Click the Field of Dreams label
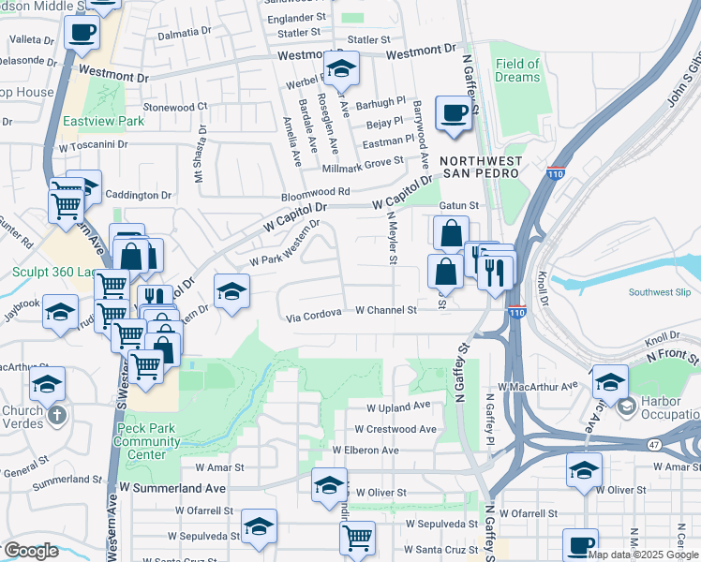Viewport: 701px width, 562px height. click(517, 70)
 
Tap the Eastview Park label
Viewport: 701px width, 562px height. click(103, 121)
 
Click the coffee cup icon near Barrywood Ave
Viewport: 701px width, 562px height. click(455, 114)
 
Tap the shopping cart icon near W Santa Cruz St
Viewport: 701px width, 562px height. click(357, 539)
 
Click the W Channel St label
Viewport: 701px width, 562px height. click(385, 310)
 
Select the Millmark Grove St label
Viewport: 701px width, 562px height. click(362, 161)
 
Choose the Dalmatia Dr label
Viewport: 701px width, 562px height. click(185, 32)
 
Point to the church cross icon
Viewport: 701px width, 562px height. click(57, 413)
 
